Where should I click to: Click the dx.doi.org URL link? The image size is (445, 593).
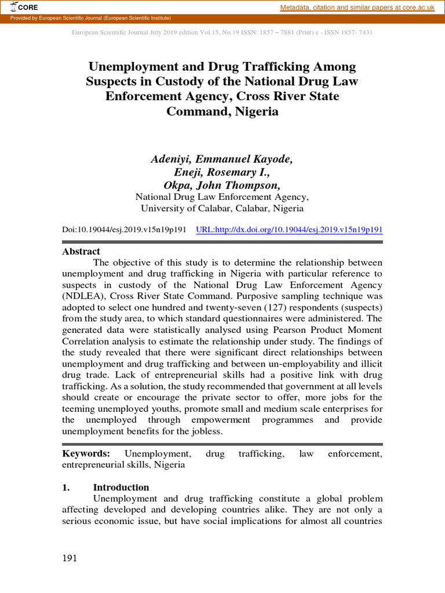tap(289, 230)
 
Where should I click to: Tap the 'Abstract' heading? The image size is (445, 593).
tap(81, 251)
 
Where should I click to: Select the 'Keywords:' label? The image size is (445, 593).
tap(86, 453)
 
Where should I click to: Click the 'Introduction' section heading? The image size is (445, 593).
tap(121, 487)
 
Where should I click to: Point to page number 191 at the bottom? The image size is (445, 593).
tap(70, 558)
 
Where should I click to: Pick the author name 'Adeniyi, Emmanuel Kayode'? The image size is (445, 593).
tap(222, 159)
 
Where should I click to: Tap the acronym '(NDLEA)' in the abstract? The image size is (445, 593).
tap(83, 295)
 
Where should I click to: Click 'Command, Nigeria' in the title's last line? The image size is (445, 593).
tap(222, 111)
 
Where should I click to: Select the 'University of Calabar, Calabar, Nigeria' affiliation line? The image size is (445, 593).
tap(222, 208)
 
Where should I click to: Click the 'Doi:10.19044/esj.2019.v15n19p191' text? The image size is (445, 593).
tap(124, 230)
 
